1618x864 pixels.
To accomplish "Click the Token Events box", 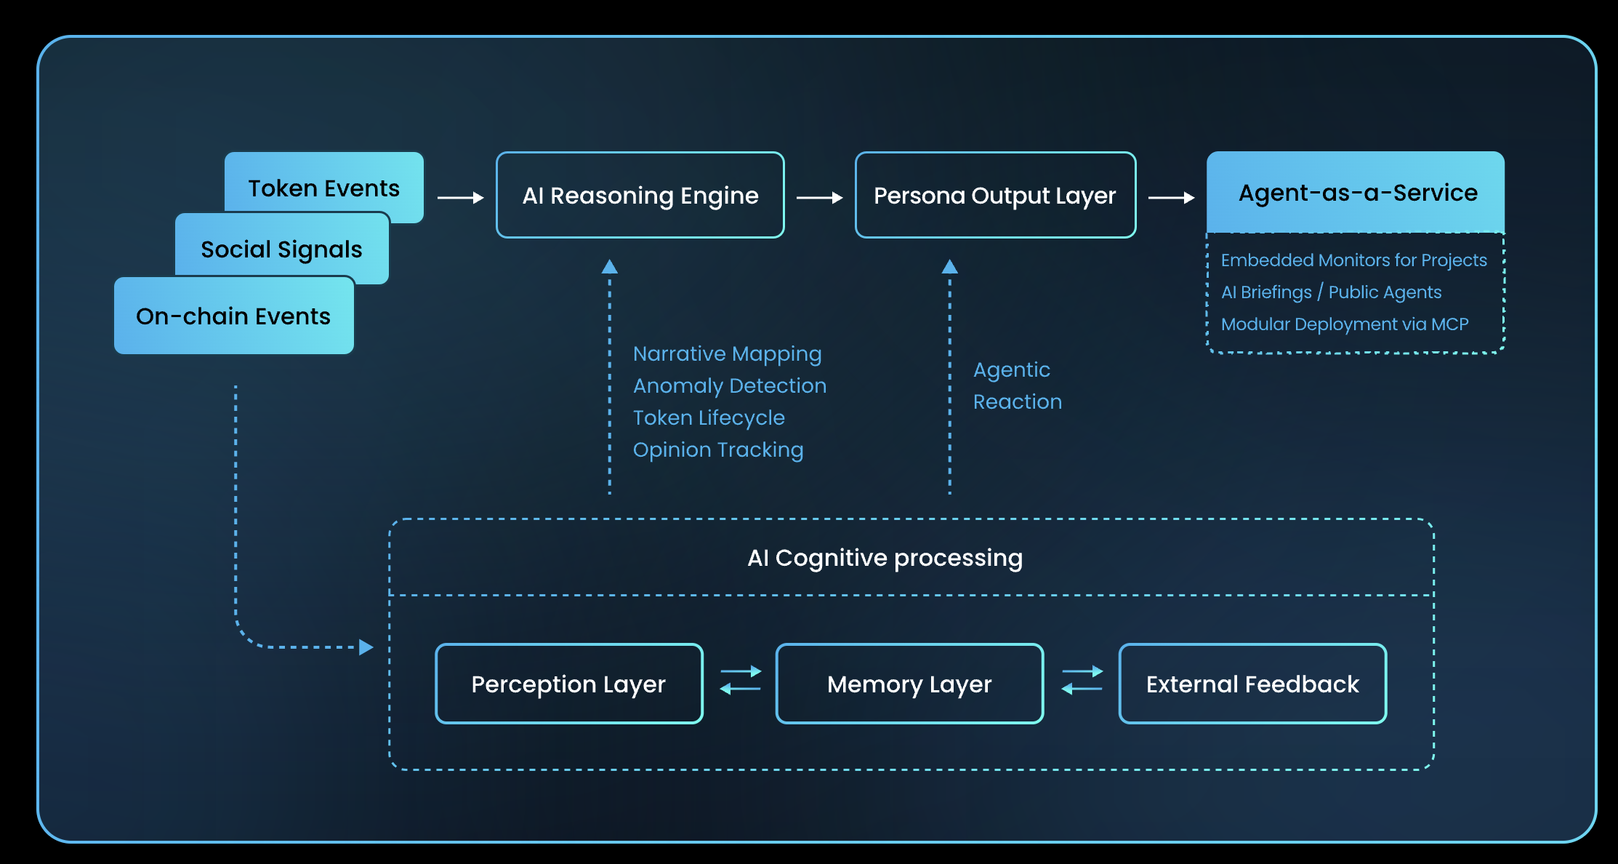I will (324, 188).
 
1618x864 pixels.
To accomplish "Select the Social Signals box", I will (281, 249).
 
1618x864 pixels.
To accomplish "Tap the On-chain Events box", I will (233, 316).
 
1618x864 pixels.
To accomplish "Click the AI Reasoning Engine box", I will (640, 195).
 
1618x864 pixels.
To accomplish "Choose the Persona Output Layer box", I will (994, 195).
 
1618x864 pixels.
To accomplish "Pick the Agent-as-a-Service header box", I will (1356, 192).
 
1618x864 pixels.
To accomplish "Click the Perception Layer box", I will (568, 684).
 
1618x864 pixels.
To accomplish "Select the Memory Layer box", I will (909, 684).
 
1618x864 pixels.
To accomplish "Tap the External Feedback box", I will (1252, 684).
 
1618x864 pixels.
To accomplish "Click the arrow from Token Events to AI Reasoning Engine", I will (460, 197).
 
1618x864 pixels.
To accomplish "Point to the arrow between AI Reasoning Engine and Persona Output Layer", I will (819, 197).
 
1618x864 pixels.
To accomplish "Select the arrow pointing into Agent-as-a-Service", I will (1171, 197).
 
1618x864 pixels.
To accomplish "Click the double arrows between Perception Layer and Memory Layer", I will (740, 680).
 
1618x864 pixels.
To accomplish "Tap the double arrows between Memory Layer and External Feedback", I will (1082, 680).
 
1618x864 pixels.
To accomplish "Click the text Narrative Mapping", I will (727, 353).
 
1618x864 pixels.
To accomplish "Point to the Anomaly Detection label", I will (729, 385).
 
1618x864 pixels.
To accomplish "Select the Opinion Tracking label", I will (717, 449).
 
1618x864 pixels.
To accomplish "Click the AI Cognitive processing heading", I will (885, 558).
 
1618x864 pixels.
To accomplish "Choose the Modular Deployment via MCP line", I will (1344, 324).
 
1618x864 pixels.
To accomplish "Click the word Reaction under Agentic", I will (1017, 401).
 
